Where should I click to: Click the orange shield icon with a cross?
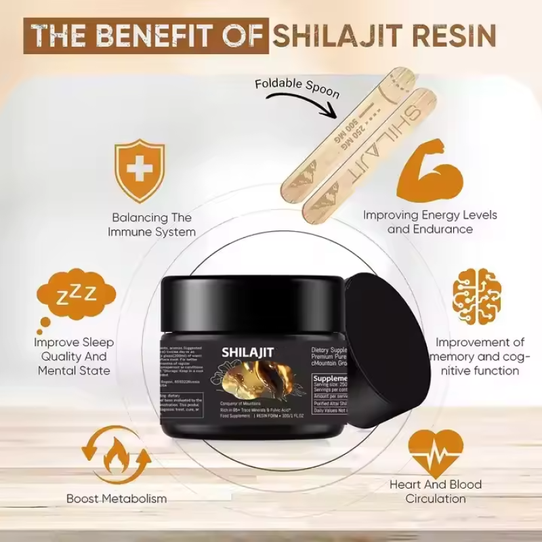[x=140, y=170]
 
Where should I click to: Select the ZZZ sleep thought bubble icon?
[x=74, y=299]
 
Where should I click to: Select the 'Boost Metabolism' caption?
[x=117, y=499]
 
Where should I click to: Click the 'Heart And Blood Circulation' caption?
[x=436, y=492]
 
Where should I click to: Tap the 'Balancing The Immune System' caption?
[x=152, y=225]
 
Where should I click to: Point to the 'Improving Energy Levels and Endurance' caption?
[x=430, y=222]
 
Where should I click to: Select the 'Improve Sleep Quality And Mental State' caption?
[x=74, y=356]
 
